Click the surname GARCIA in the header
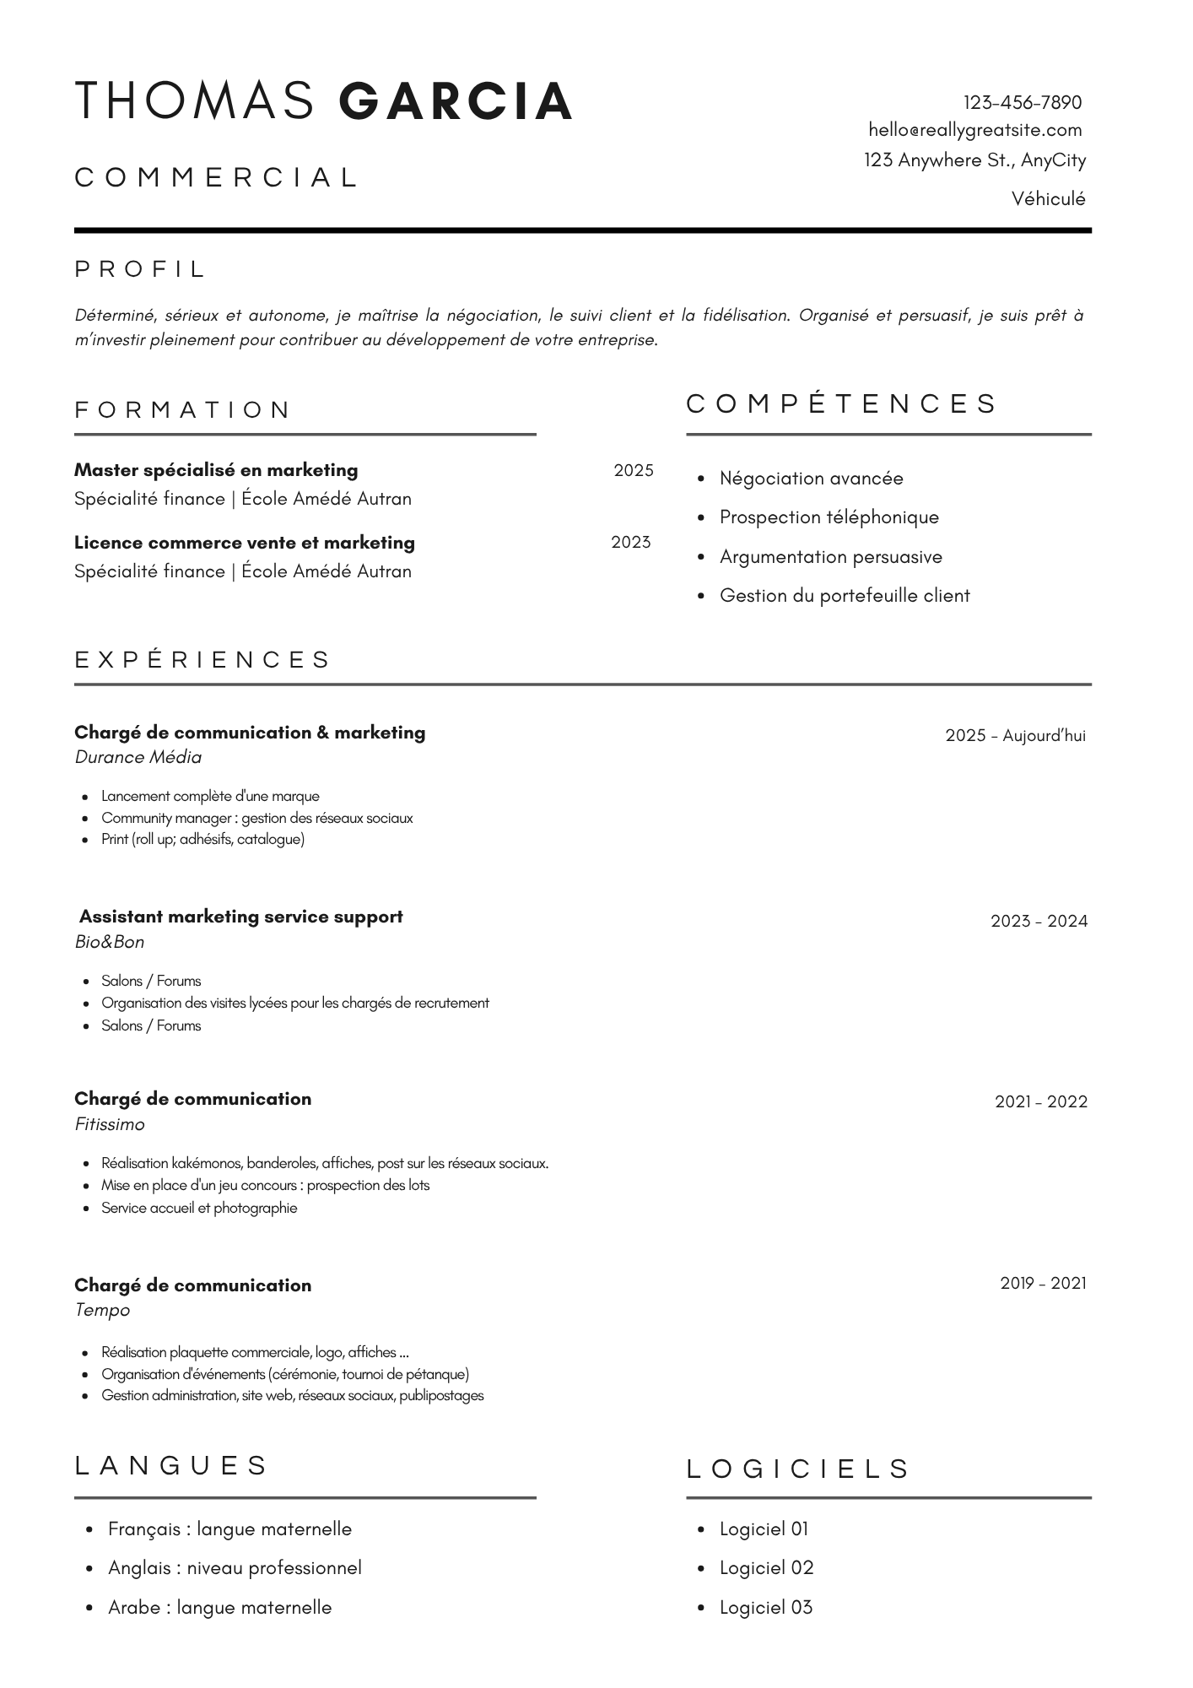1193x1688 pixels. pos(456,101)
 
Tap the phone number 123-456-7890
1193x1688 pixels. pos(1022,103)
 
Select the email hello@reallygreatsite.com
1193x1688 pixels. pos(974,130)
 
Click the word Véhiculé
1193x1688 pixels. pos(1048,199)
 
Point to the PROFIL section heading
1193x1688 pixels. pos(140,269)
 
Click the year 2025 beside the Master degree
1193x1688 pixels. pos(634,471)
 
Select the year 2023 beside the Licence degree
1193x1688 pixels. pos(631,543)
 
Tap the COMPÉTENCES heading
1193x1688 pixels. pos(841,403)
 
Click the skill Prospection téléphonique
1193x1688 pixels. pos(829,517)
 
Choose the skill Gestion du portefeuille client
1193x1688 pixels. pos(845,596)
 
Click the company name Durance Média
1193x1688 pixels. pos(138,757)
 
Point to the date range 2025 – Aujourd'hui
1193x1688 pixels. pos(1015,736)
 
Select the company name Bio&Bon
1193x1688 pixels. pos(110,942)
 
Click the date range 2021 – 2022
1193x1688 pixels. pos(1040,1101)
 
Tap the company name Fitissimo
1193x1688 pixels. pos(110,1124)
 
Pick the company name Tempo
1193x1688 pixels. pos(102,1310)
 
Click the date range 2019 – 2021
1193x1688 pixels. pos(1043,1284)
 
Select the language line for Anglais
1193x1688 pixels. pos(235,1568)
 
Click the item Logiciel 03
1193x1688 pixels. pos(765,1608)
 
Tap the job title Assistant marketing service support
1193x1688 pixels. pos(240,917)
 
